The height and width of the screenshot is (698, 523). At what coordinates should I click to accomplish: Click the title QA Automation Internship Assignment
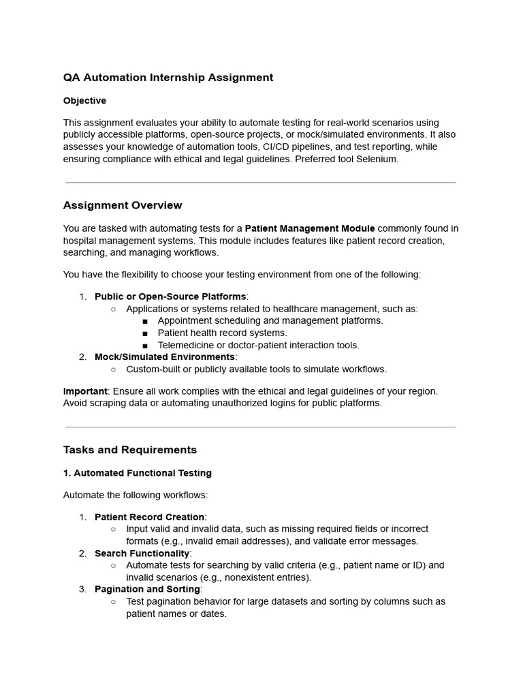[x=168, y=78]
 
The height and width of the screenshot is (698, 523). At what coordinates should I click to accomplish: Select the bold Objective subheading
[x=84, y=101]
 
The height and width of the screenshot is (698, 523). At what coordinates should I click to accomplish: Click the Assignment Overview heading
[x=123, y=205]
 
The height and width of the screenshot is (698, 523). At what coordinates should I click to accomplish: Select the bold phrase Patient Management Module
[x=310, y=228]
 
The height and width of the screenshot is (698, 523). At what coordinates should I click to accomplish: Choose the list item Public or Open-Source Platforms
[x=170, y=297]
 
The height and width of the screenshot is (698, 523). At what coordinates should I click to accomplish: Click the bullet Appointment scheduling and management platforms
[x=270, y=320]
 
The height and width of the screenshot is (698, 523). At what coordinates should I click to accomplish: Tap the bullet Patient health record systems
[x=223, y=333]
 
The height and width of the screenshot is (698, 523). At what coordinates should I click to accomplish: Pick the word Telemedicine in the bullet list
[x=185, y=345]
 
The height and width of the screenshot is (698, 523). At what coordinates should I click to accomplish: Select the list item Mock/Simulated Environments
[x=164, y=357]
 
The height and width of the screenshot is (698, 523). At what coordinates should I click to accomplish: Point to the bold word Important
[x=85, y=391]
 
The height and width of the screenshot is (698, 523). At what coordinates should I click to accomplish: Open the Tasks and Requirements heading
[x=130, y=450]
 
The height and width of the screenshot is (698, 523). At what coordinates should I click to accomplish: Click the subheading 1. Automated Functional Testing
[x=138, y=473]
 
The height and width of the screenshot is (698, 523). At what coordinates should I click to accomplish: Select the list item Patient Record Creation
[x=149, y=517]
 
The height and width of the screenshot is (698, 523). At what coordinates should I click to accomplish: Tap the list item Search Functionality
[x=143, y=553]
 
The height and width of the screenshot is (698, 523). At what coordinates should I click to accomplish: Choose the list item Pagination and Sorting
[x=147, y=589]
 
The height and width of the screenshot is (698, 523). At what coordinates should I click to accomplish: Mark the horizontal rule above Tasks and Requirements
[x=261, y=427]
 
